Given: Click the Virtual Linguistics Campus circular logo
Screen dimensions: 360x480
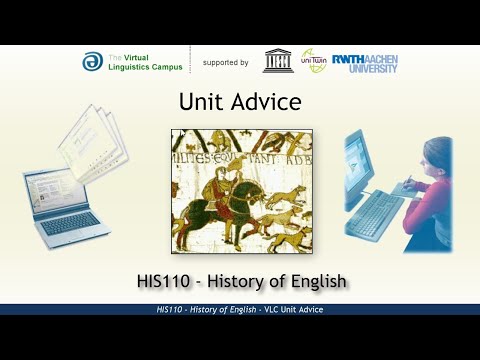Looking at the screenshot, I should (x=92, y=62).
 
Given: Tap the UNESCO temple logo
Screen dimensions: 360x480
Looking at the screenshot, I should (x=278, y=61).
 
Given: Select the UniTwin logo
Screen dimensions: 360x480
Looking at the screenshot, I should (x=313, y=61).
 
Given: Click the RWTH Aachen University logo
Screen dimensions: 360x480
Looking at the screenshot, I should (x=364, y=62).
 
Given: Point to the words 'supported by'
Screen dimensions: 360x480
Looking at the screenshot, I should (x=225, y=62).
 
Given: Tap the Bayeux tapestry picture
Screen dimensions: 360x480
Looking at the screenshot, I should (x=240, y=190).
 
